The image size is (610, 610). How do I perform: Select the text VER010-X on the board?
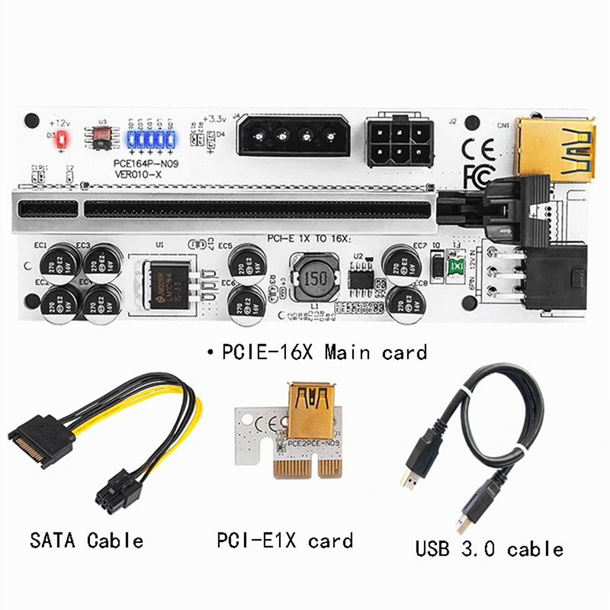click(139, 173)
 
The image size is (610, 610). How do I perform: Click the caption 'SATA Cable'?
click(85, 541)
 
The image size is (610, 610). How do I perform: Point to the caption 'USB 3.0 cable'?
click(489, 547)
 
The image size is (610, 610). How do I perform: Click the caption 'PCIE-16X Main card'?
click(321, 352)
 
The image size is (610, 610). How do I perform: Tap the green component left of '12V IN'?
click(457, 268)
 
